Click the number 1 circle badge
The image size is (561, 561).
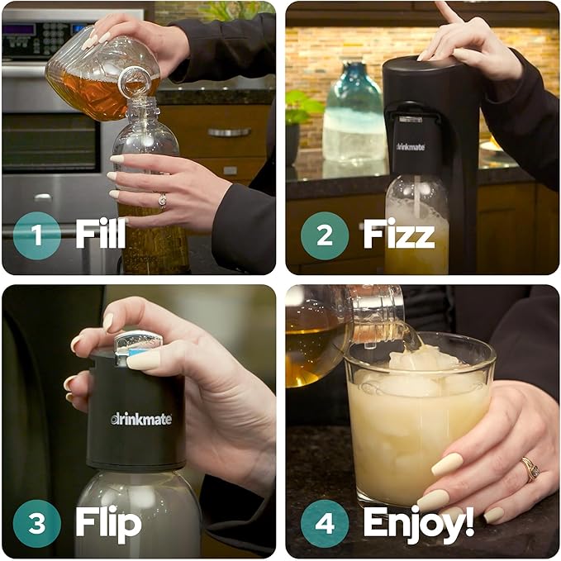[36, 235]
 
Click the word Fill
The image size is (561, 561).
[101, 235]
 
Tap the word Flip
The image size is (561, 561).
[107, 522]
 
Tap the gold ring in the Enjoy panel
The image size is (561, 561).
[530, 469]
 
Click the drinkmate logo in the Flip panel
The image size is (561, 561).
[141, 419]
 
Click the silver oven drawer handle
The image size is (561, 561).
[229, 132]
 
